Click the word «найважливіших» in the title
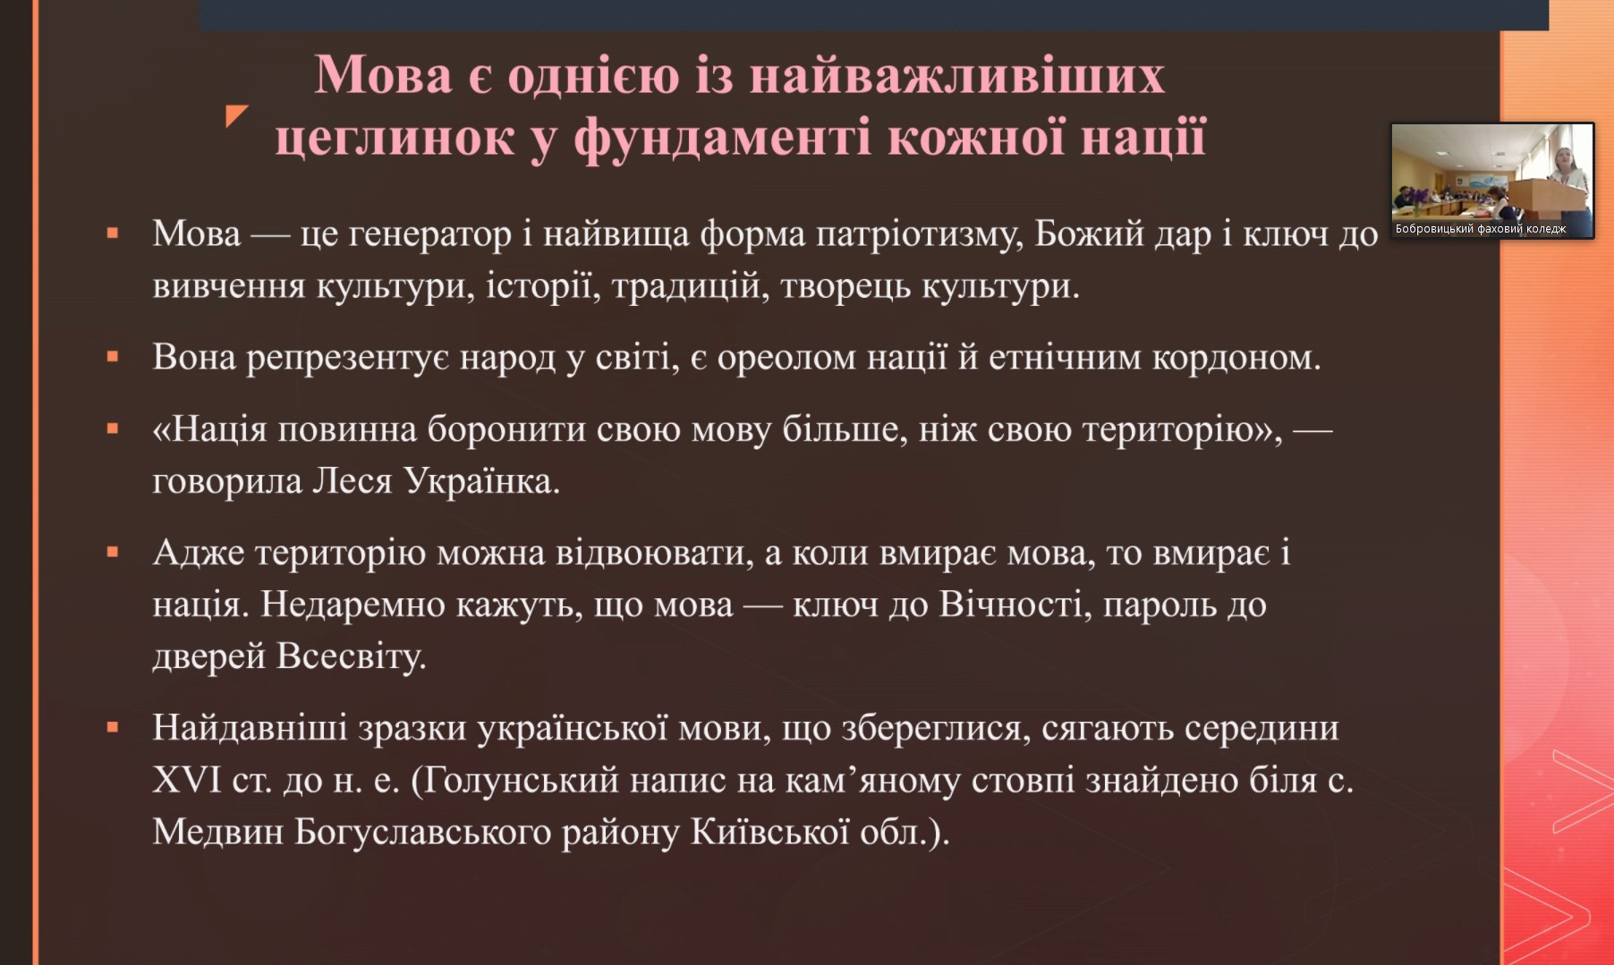[956, 74]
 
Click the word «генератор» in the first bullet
[429, 235]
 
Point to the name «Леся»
[352, 481]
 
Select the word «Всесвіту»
[351, 656]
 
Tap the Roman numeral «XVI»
[187, 781]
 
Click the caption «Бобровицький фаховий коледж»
[1481, 229]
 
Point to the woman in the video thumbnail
[1572, 183]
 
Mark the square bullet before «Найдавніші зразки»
[113, 728]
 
